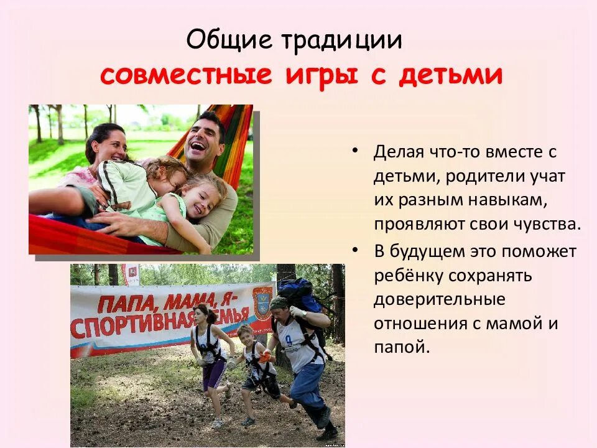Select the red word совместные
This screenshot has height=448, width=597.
(186, 75)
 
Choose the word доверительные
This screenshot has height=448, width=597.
(439, 299)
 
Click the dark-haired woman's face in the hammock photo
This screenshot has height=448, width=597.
(110, 144)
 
